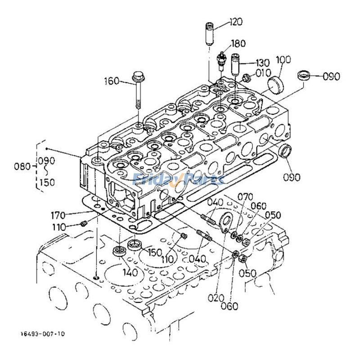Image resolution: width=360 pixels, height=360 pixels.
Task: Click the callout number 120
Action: tap(236, 22)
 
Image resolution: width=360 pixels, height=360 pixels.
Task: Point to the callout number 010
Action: tap(263, 72)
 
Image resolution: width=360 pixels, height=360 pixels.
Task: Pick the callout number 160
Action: tap(112, 81)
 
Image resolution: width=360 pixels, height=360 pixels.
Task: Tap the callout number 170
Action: tap(71, 214)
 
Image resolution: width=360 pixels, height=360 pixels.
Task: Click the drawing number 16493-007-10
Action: tap(42, 333)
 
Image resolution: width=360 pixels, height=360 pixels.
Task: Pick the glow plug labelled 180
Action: tap(221, 61)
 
